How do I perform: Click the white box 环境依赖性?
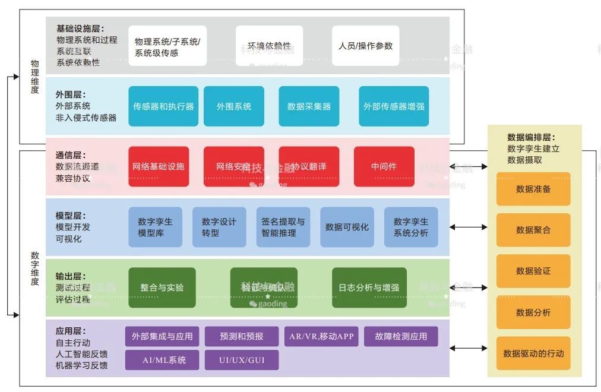pos(269,46)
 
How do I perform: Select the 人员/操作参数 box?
pos(365,46)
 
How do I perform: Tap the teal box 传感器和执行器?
pos(163,106)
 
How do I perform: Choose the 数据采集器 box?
pos(309,106)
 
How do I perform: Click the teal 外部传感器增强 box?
pos(394,106)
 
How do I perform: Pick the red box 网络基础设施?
pos(159,166)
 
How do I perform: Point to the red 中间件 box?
pos(384,166)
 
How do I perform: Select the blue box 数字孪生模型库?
pos(155,227)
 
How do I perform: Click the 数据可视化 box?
pos(347,227)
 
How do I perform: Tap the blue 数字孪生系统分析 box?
pos(410,227)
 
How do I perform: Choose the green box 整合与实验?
pos(162,287)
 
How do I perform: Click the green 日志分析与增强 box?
pos(369,287)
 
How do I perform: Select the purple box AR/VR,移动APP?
pos(321,336)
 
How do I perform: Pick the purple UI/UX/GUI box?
pos(241,360)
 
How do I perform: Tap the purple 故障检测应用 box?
pos(401,336)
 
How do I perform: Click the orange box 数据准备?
pos(533,189)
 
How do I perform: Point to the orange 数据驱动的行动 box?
pos(533,353)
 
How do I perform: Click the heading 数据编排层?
pos(531,137)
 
